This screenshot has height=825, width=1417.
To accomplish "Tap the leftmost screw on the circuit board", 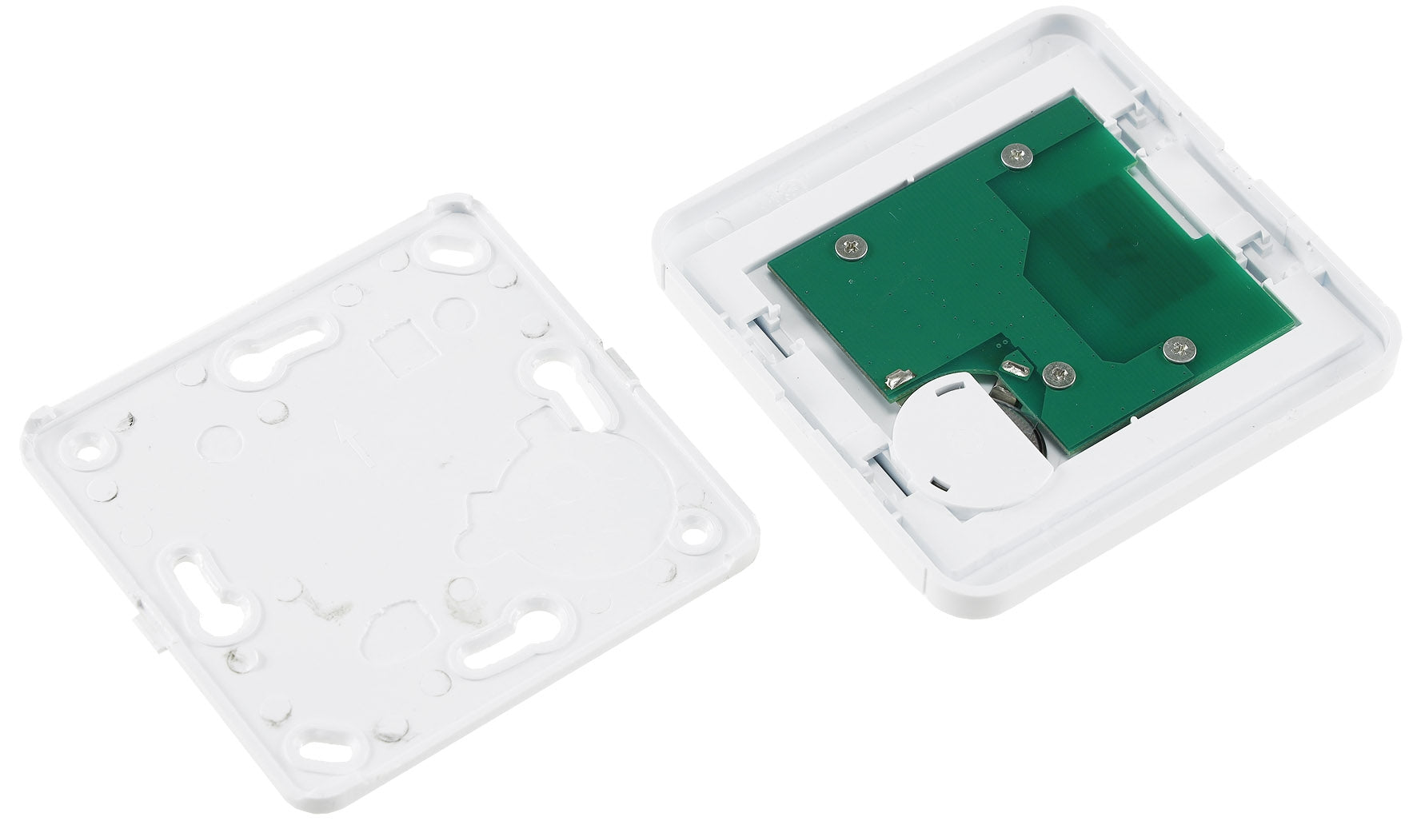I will pyautogui.click(x=851, y=249).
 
